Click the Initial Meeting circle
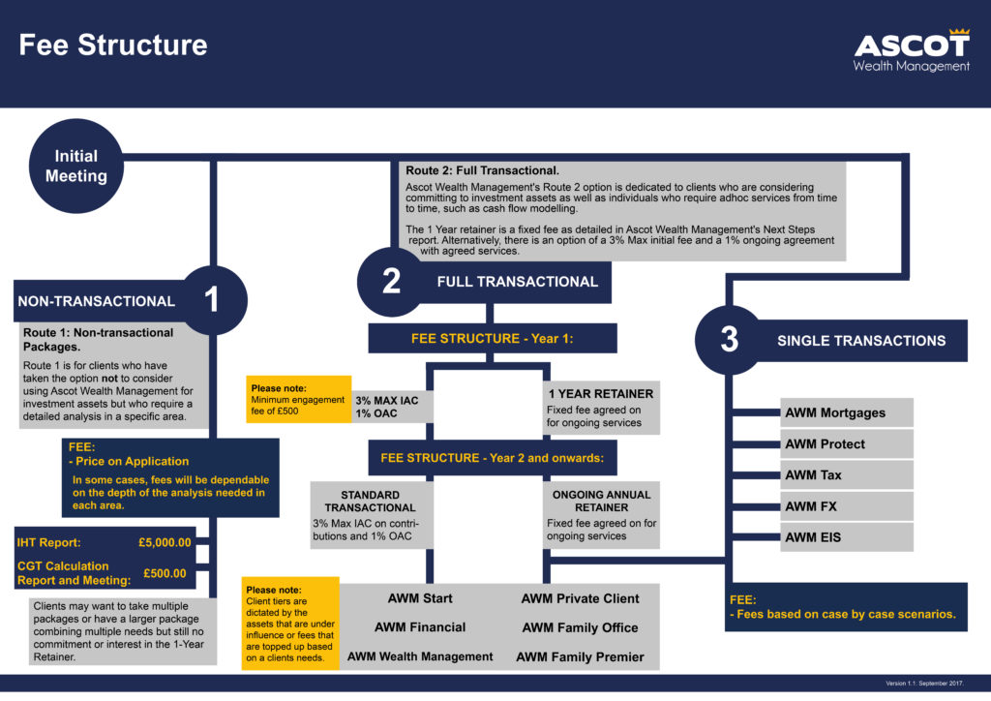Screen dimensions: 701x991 75,166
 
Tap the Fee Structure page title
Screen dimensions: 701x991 113,46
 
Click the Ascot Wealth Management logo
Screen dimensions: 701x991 911,50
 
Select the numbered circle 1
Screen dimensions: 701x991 211,300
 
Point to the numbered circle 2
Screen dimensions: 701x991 391,282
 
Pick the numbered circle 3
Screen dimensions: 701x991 730,340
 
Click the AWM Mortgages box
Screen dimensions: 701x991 848,413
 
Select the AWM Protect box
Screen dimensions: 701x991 848,444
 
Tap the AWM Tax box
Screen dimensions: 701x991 848,475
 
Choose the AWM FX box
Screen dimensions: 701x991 848,506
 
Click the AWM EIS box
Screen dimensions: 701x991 848,537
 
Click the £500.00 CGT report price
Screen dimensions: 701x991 165,573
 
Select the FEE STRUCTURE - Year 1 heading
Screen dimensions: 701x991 493,339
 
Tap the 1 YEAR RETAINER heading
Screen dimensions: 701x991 601,394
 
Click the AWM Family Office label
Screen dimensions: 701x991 580,627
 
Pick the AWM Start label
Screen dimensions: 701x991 420,598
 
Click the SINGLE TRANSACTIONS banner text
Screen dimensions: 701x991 861,341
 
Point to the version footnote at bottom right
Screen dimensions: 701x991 924,684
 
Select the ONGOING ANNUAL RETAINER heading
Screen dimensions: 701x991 601,501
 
